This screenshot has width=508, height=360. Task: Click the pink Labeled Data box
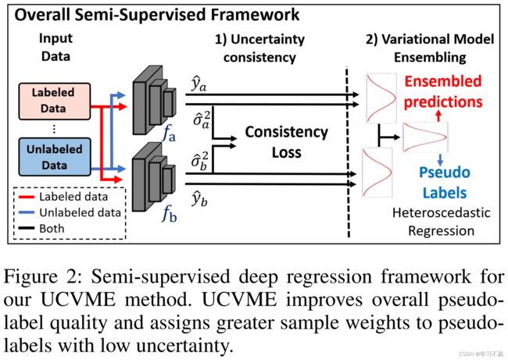(x=55, y=101)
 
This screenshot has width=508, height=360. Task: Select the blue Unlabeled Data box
(x=55, y=157)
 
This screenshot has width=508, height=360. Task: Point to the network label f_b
(x=169, y=214)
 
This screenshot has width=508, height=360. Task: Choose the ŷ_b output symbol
(x=199, y=198)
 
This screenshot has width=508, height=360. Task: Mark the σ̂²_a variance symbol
(x=201, y=119)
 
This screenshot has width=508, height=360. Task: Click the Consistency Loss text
(x=286, y=142)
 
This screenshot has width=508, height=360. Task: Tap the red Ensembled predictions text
(x=443, y=91)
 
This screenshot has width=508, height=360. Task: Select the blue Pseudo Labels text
(x=445, y=183)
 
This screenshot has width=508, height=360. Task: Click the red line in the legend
(x=27, y=197)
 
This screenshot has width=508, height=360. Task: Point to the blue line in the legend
(x=27, y=212)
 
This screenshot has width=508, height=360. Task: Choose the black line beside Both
(x=27, y=228)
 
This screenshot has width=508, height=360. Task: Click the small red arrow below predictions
(x=438, y=116)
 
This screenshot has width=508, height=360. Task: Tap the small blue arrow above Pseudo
(x=440, y=159)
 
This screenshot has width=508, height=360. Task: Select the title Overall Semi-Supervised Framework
(x=157, y=15)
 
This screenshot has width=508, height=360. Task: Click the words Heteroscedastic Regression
(x=442, y=222)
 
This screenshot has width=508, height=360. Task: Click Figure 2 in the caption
(x=41, y=276)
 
